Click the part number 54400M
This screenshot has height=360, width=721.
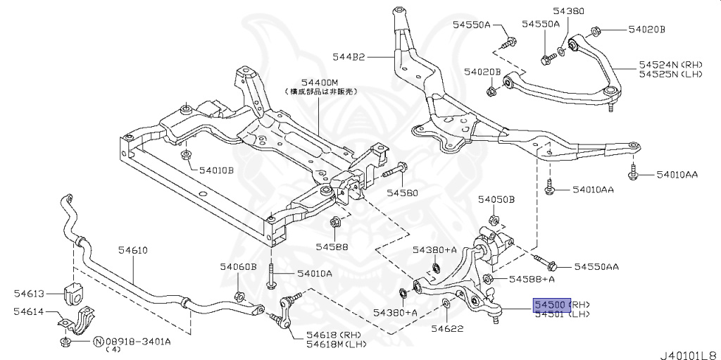coord(301,82)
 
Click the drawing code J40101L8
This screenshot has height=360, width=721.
coord(688,351)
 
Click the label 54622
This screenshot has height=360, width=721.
coord(445,328)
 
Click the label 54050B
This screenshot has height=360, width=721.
coord(496,200)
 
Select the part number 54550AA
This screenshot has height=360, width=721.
coord(596,266)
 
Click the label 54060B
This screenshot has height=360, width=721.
coord(238,266)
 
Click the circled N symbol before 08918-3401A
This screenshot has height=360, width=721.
coord(98,342)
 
